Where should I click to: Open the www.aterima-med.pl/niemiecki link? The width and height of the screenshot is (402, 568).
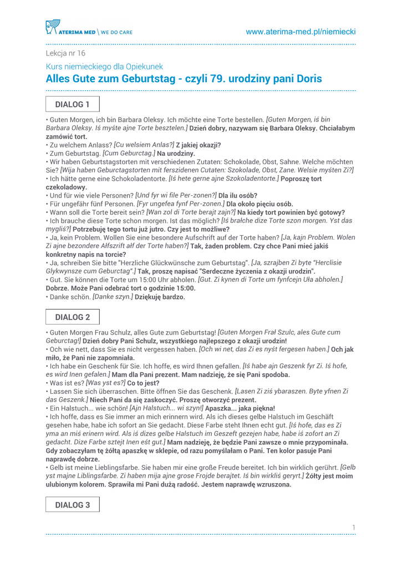click(301, 32)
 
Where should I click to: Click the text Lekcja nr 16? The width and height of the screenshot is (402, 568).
click(65, 53)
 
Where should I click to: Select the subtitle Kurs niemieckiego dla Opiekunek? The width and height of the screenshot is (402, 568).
click(104, 67)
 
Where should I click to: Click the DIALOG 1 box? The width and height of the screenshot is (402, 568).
click(72, 104)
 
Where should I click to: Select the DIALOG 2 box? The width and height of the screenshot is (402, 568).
click(72, 317)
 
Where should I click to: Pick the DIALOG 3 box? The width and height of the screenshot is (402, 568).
click(72, 505)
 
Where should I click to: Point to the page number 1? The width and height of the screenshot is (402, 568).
click(353, 526)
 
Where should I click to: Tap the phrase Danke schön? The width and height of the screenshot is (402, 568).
click(68, 297)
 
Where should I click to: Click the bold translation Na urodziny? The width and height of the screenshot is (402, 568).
click(176, 153)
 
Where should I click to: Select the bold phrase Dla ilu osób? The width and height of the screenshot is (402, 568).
click(238, 195)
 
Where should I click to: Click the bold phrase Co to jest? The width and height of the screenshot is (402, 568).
click(143, 383)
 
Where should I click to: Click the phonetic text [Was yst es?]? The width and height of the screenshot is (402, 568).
click(105, 383)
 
